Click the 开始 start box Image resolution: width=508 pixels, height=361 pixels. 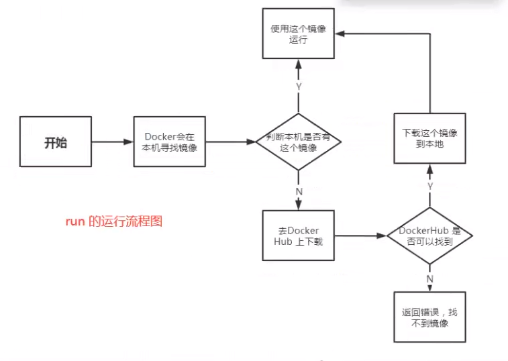(x=56, y=142)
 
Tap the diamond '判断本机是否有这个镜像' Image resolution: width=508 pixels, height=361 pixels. (x=299, y=142)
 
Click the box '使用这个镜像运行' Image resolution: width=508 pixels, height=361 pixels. (x=298, y=34)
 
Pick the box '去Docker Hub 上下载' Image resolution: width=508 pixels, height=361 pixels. (x=299, y=236)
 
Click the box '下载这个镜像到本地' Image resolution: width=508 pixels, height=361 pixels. (x=429, y=138)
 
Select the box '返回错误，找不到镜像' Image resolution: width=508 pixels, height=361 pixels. (x=429, y=317)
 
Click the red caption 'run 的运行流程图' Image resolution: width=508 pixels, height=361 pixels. (x=113, y=222)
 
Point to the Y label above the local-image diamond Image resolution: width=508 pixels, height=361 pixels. (x=299, y=86)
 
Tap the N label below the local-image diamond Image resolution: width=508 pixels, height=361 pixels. (x=299, y=191)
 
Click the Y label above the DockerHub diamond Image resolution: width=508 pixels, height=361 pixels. (x=429, y=185)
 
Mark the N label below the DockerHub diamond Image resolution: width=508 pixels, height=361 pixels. (x=429, y=277)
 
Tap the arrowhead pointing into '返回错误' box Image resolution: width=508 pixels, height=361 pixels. (x=429, y=287)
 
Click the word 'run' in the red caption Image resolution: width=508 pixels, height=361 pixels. (x=74, y=222)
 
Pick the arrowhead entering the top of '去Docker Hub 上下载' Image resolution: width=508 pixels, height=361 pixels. (x=299, y=206)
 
